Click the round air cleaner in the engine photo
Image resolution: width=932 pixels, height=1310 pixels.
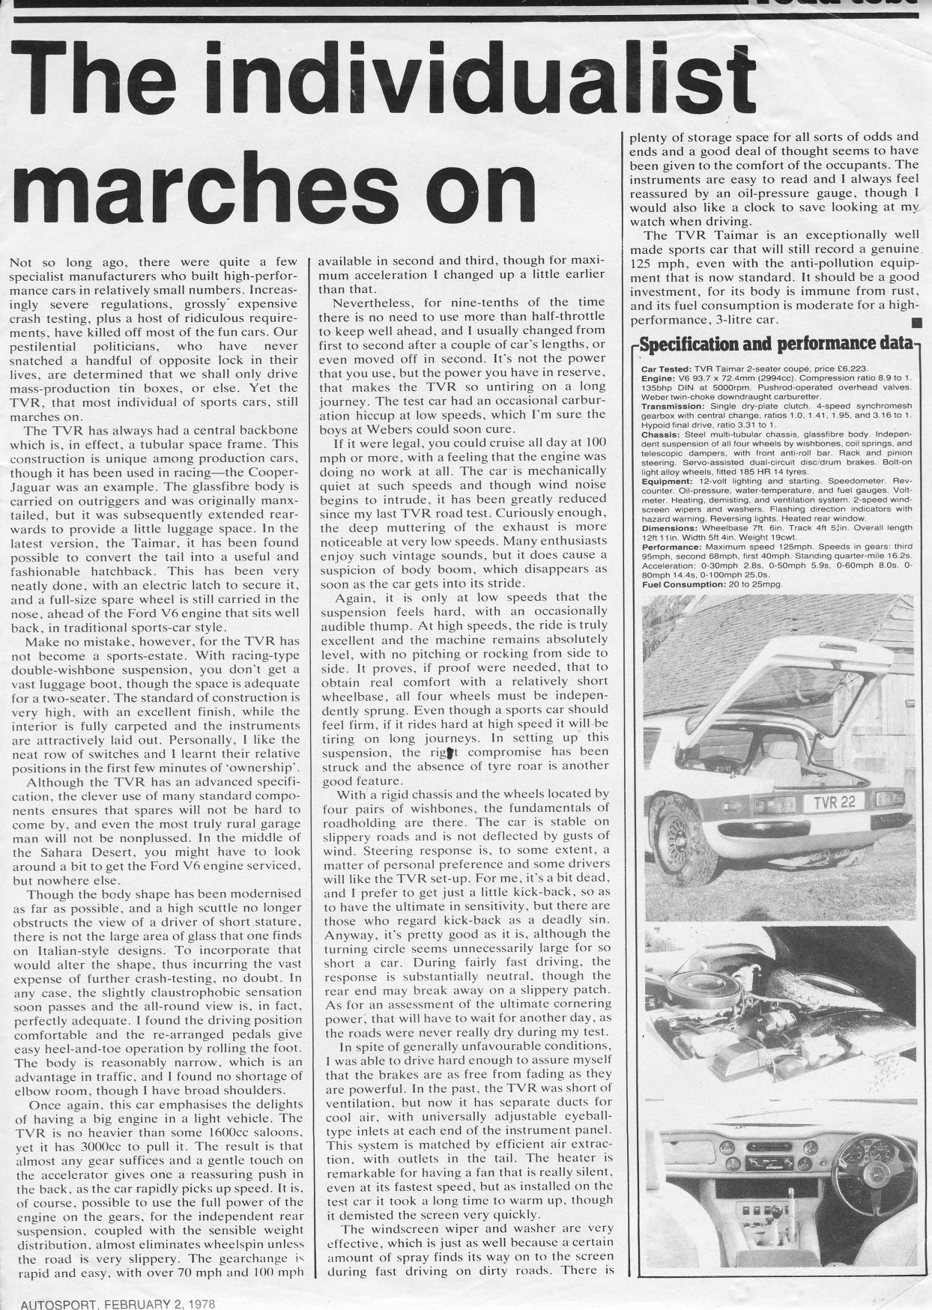click(706, 989)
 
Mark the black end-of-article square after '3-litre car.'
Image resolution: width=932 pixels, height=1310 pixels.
click(917, 322)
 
